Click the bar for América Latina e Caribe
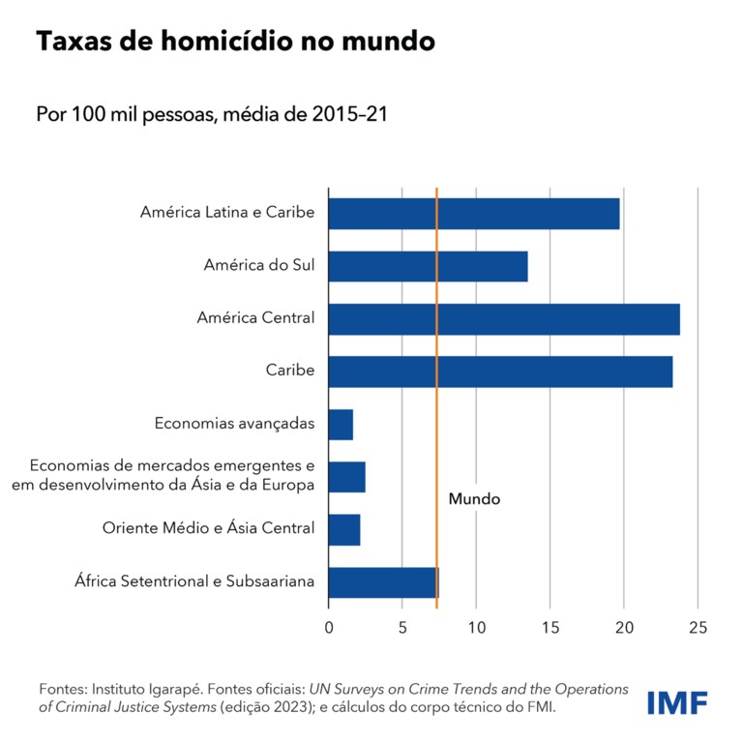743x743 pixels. [x=474, y=213]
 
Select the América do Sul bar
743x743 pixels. [x=428, y=266]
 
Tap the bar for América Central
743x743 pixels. [x=504, y=318]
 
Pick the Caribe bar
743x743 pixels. [x=500, y=371]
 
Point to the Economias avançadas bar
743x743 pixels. [x=341, y=424]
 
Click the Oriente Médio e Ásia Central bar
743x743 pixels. [x=344, y=529]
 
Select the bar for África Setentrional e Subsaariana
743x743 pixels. [x=383, y=582]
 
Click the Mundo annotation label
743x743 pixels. [x=474, y=500]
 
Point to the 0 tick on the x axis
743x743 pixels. [x=329, y=628]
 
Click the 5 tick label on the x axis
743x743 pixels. [x=402, y=628]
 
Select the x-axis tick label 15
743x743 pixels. [x=550, y=628]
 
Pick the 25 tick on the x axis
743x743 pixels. [x=697, y=628]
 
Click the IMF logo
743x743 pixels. [x=676, y=702]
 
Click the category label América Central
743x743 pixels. [x=255, y=317]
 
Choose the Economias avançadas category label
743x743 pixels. [x=234, y=424]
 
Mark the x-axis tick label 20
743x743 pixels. [x=623, y=628]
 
